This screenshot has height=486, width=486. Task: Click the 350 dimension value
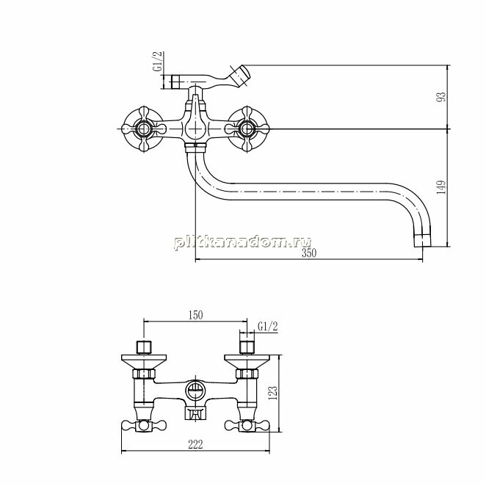(x=309, y=253)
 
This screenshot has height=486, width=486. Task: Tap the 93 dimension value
(x=441, y=96)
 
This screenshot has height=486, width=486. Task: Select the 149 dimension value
(x=441, y=187)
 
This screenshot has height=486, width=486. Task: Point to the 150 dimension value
(x=195, y=315)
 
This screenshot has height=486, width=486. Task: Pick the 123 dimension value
(x=273, y=393)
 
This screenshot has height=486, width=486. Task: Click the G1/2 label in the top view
(x=157, y=62)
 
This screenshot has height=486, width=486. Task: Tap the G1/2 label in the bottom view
(x=268, y=327)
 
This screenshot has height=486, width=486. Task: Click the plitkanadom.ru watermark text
(x=243, y=242)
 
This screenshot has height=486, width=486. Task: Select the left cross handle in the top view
(x=143, y=129)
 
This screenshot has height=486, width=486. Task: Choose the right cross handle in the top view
(x=247, y=129)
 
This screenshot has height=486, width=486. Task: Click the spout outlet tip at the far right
(x=423, y=241)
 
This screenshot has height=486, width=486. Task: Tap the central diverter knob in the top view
(x=195, y=124)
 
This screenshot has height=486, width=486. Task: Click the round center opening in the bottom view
(x=195, y=391)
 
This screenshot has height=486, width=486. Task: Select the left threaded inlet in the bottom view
(x=144, y=347)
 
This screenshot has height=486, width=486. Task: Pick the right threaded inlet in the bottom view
(x=247, y=347)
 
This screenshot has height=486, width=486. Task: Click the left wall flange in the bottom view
(x=144, y=362)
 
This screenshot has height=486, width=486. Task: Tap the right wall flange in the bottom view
(x=247, y=362)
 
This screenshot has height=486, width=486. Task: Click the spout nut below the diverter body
(x=195, y=148)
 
